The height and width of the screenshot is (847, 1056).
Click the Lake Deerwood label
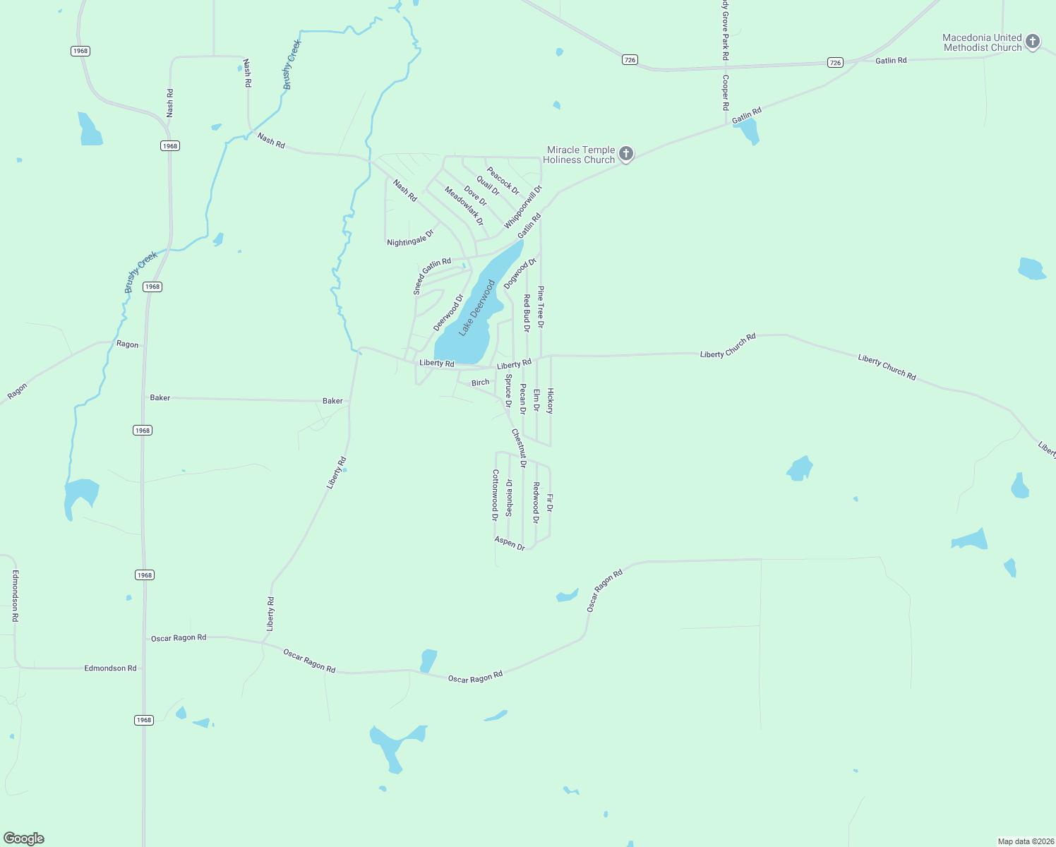tap(477, 308)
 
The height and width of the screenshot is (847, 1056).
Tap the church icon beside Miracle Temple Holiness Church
tap(625, 154)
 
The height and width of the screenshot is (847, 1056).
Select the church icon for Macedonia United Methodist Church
tap(1032, 42)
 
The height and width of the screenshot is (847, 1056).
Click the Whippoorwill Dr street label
tap(523, 207)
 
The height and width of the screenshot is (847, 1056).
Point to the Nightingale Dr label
tap(410, 237)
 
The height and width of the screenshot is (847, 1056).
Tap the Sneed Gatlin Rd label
tap(431, 275)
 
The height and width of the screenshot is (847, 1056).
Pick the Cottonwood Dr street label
tap(495, 495)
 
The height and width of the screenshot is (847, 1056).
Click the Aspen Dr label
tap(510, 543)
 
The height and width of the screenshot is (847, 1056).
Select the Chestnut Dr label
tap(519, 448)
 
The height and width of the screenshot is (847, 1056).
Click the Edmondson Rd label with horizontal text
tap(110, 668)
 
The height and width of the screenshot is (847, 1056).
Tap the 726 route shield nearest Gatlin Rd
tap(835, 63)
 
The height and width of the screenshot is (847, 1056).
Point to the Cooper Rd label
tap(725, 92)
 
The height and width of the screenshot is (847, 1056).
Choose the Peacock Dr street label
tap(503, 181)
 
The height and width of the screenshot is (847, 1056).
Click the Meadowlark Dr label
tap(464, 205)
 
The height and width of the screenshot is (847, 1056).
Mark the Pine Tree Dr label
tap(541, 307)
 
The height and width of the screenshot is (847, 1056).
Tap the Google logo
tap(24, 838)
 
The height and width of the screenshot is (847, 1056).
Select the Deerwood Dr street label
tap(448, 313)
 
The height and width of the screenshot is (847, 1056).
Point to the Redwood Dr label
tap(536, 503)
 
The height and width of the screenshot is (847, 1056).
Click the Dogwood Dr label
tap(520, 273)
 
